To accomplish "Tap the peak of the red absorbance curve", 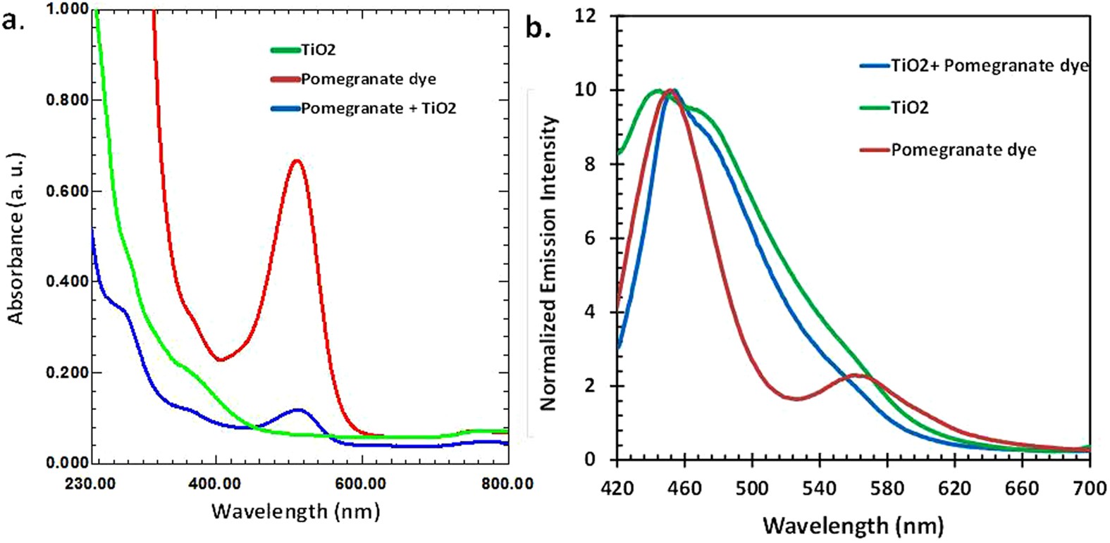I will [x=297, y=161].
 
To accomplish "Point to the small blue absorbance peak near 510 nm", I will [x=298, y=409].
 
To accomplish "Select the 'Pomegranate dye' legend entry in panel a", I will [x=368, y=79].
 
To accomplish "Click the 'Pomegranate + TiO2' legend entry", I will [x=378, y=108].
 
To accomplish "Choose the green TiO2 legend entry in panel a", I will [x=318, y=50].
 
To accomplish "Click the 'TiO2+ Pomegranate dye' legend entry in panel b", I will [x=989, y=66].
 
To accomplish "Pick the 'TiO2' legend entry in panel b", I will [x=909, y=108].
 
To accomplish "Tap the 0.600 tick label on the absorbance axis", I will [x=68, y=191].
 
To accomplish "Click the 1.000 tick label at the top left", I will [x=68, y=9].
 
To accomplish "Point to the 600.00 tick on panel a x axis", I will [x=362, y=484].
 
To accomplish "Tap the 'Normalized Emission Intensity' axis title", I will [x=548, y=263].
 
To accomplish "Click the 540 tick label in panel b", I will [x=820, y=488].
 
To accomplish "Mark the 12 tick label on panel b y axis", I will [x=585, y=15].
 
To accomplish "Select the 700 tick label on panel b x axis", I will [x=1090, y=488].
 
